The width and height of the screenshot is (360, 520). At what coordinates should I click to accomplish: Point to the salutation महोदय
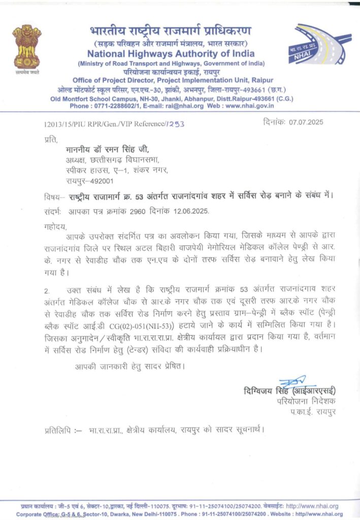(x=55, y=226)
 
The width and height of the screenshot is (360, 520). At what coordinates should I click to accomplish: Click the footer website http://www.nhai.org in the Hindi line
(x=312, y=506)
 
